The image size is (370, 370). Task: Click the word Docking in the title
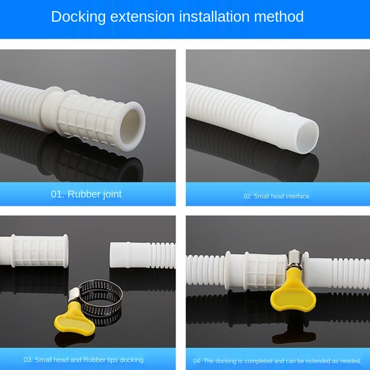(78, 17)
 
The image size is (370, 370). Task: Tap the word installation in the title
(214, 17)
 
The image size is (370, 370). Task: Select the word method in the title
(279, 17)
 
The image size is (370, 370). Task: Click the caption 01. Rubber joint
(86, 194)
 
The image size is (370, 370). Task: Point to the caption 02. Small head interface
(276, 196)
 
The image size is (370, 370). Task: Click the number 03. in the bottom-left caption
(28, 360)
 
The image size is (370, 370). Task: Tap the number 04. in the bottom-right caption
(197, 361)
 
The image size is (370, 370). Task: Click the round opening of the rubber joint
(131, 126)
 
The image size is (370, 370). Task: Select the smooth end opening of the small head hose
(306, 137)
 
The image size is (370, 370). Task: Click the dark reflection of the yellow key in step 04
(294, 330)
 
